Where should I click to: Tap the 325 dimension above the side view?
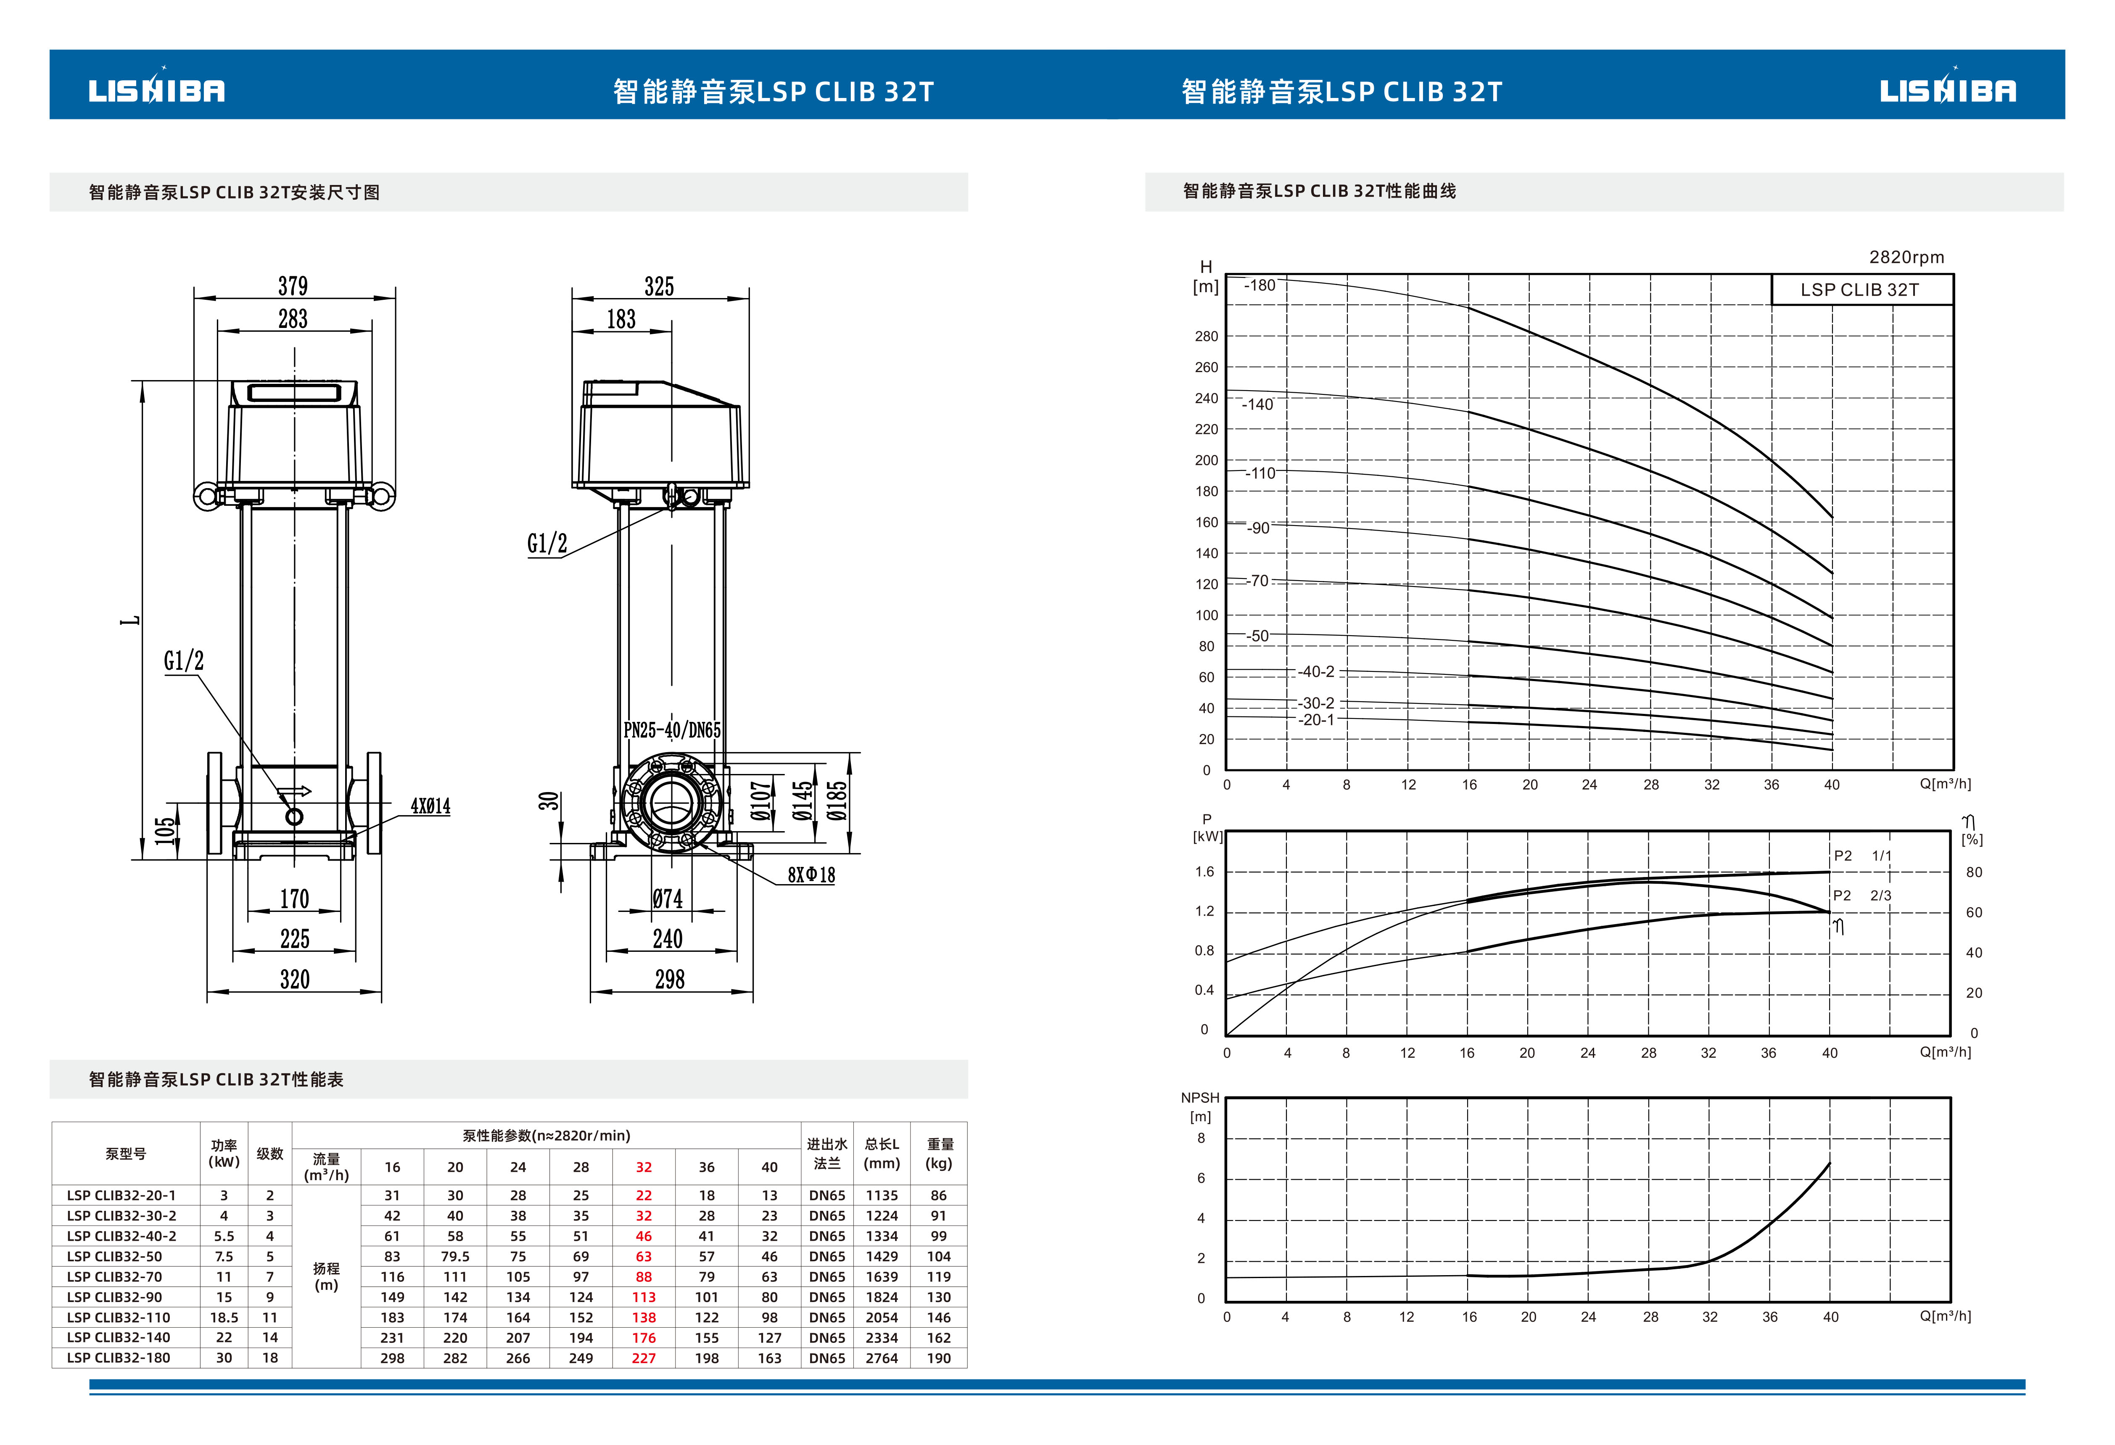(660, 287)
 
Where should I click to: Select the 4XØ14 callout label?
(430, 806)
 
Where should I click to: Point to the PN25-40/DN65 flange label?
(673, 730)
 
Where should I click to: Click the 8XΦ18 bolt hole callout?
(812, 875)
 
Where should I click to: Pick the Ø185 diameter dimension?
(837, 801)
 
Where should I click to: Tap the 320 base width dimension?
(295, 979)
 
